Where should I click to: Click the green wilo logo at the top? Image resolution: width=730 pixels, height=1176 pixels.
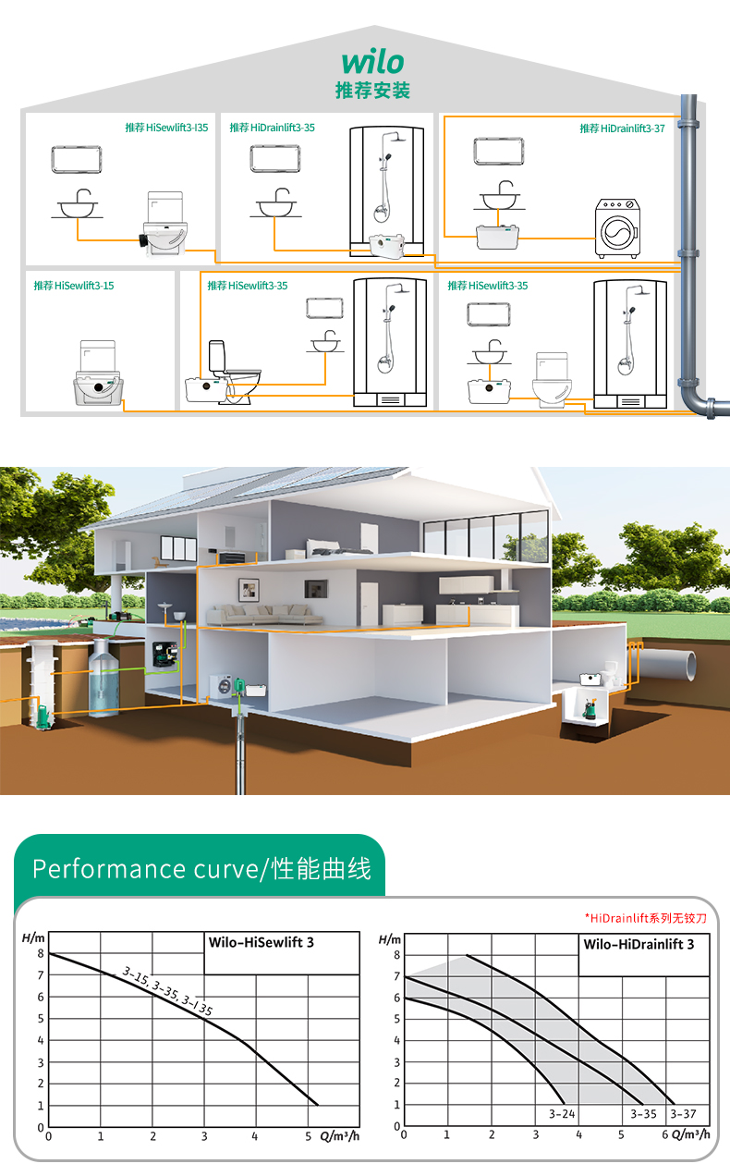pyautogui.click(x=372, y=61)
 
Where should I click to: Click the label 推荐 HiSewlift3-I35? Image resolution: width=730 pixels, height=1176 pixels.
pyautogui.click(x=166, y=129)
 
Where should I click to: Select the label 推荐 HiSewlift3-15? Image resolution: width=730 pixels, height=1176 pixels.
pyautogui.click(x=74, y=286)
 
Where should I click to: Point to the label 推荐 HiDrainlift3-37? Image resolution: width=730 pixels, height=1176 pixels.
pyautogui.click(x=622, y=129)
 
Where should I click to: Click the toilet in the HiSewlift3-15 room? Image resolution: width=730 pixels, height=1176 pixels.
pyautogui.click(x=97, y=374)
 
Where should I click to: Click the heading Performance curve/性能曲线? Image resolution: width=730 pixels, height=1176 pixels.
pyautogui.click(x=201, y=869)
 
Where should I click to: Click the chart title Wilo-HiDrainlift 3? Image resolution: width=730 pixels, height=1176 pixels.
pyautogui.click(x=639, y=944)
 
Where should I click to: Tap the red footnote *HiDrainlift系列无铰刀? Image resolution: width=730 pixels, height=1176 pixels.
pyautogui.click(x=645, y=918)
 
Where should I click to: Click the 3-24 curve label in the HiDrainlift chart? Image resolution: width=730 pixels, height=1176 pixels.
pyautogui.click(x=562, y=1114)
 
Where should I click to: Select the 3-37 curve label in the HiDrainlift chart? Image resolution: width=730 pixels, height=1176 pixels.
pyautogui.click(x=684, y=1114)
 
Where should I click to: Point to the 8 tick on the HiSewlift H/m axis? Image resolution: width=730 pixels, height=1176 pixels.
pyautogui.click(x=41, y=953)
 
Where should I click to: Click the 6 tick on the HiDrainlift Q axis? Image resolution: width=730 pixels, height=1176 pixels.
pyautogui.click(x=664, y=1133)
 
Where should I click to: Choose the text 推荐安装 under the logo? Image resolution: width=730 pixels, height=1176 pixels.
pyautogui.click(x=372, y=91)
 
